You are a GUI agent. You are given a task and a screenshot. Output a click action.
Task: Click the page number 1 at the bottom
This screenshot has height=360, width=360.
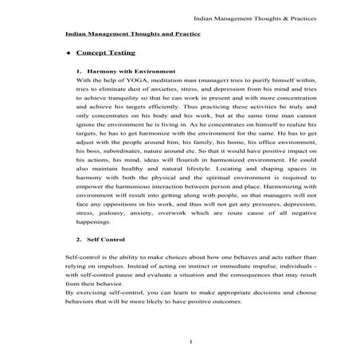point(181,342)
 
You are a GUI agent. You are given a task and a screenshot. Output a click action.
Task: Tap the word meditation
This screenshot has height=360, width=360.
point(160,80)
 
